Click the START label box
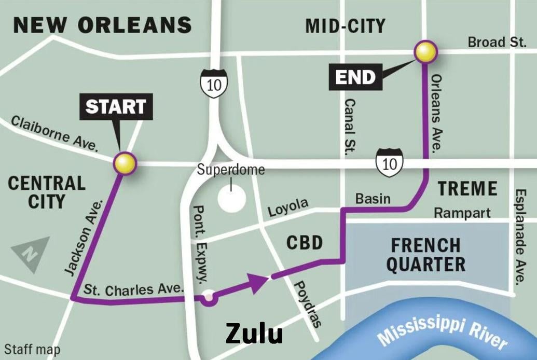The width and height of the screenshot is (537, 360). click(116, 106)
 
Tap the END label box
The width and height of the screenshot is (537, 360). click(355, 77)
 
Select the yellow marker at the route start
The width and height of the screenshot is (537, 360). click(125, 163)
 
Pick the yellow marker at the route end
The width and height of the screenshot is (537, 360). click(425, 52)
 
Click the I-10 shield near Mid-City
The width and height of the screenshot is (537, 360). click(214, 83)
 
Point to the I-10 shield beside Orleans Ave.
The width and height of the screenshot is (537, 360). click(389, 162)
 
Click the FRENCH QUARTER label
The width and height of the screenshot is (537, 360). click(425, 254)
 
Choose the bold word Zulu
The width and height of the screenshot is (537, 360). click(254, 333)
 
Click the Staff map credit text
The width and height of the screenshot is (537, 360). click(32, 350)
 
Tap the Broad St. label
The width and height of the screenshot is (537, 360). click(497, 42)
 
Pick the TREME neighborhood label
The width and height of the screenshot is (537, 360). click(467, 189)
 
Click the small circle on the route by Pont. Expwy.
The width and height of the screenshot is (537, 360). click(209, 297)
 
